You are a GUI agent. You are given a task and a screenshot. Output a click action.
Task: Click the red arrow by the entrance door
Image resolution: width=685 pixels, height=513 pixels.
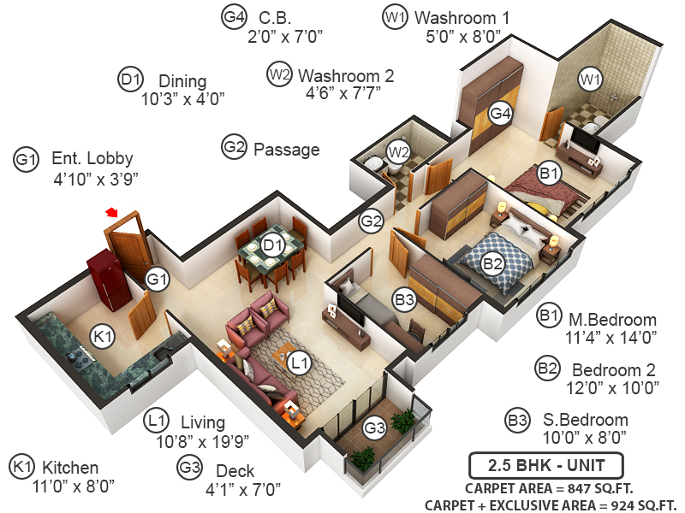pyautogui.click(x=110, y=212)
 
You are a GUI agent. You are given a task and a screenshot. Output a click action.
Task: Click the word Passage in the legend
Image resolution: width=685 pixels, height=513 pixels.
pyautogui.click(x=286, y=150)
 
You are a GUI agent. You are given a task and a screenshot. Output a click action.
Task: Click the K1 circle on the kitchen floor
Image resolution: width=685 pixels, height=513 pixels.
pyautogui.click(x=103, y=338)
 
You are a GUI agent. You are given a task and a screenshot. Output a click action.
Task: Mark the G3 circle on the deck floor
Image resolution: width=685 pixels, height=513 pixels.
pyautogui.click(x=375, y=427)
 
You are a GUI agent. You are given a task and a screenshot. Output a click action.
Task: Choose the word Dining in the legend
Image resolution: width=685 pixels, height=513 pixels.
pyautogui.click(x=182, y=81)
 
